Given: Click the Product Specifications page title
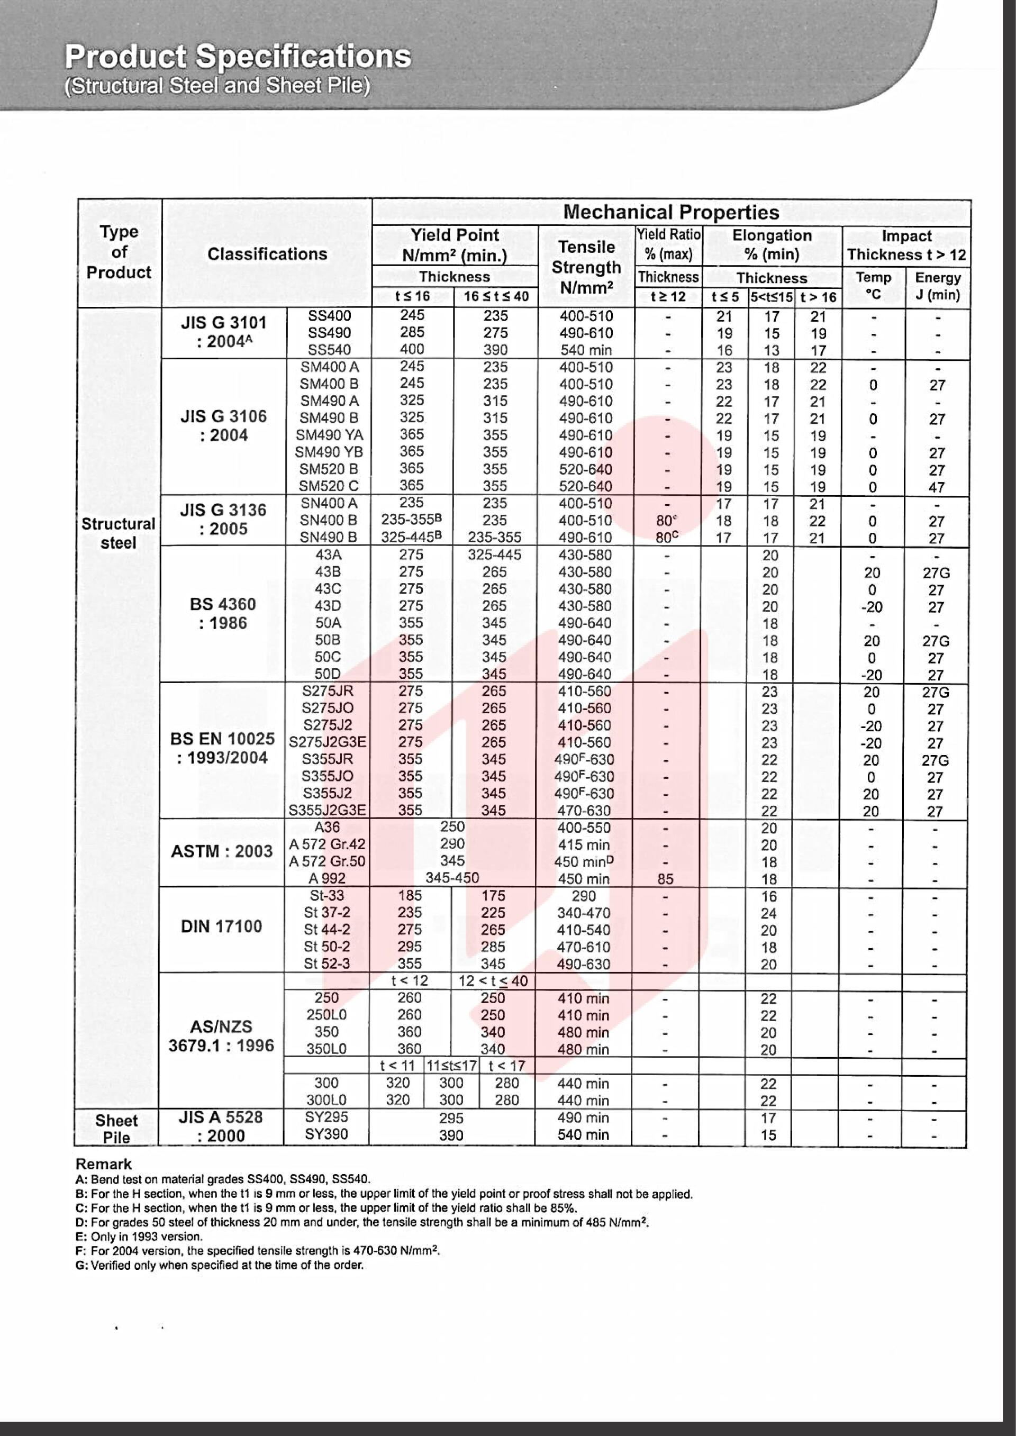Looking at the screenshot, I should (238, 57).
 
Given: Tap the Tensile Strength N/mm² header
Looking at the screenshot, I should (586, 267).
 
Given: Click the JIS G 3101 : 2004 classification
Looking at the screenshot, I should (224, 332).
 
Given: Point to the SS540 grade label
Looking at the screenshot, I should (329, 350).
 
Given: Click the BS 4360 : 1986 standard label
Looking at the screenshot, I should (223, 614).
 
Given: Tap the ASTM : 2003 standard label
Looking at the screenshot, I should (222, 851).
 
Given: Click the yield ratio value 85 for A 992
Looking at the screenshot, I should (665, 879).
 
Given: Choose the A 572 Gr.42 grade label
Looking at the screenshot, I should (327, 844).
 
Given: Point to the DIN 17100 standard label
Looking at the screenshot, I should (222, 926).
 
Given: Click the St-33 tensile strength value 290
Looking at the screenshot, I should (583, 896).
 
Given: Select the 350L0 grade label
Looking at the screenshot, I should (326, 1049).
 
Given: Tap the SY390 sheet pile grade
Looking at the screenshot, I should (326, 1134).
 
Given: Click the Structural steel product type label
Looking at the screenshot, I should (118, 533).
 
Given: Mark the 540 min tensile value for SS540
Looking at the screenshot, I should (586, 350).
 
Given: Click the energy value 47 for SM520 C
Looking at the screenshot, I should (937, 487).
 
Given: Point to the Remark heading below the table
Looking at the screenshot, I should (103, 1164).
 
